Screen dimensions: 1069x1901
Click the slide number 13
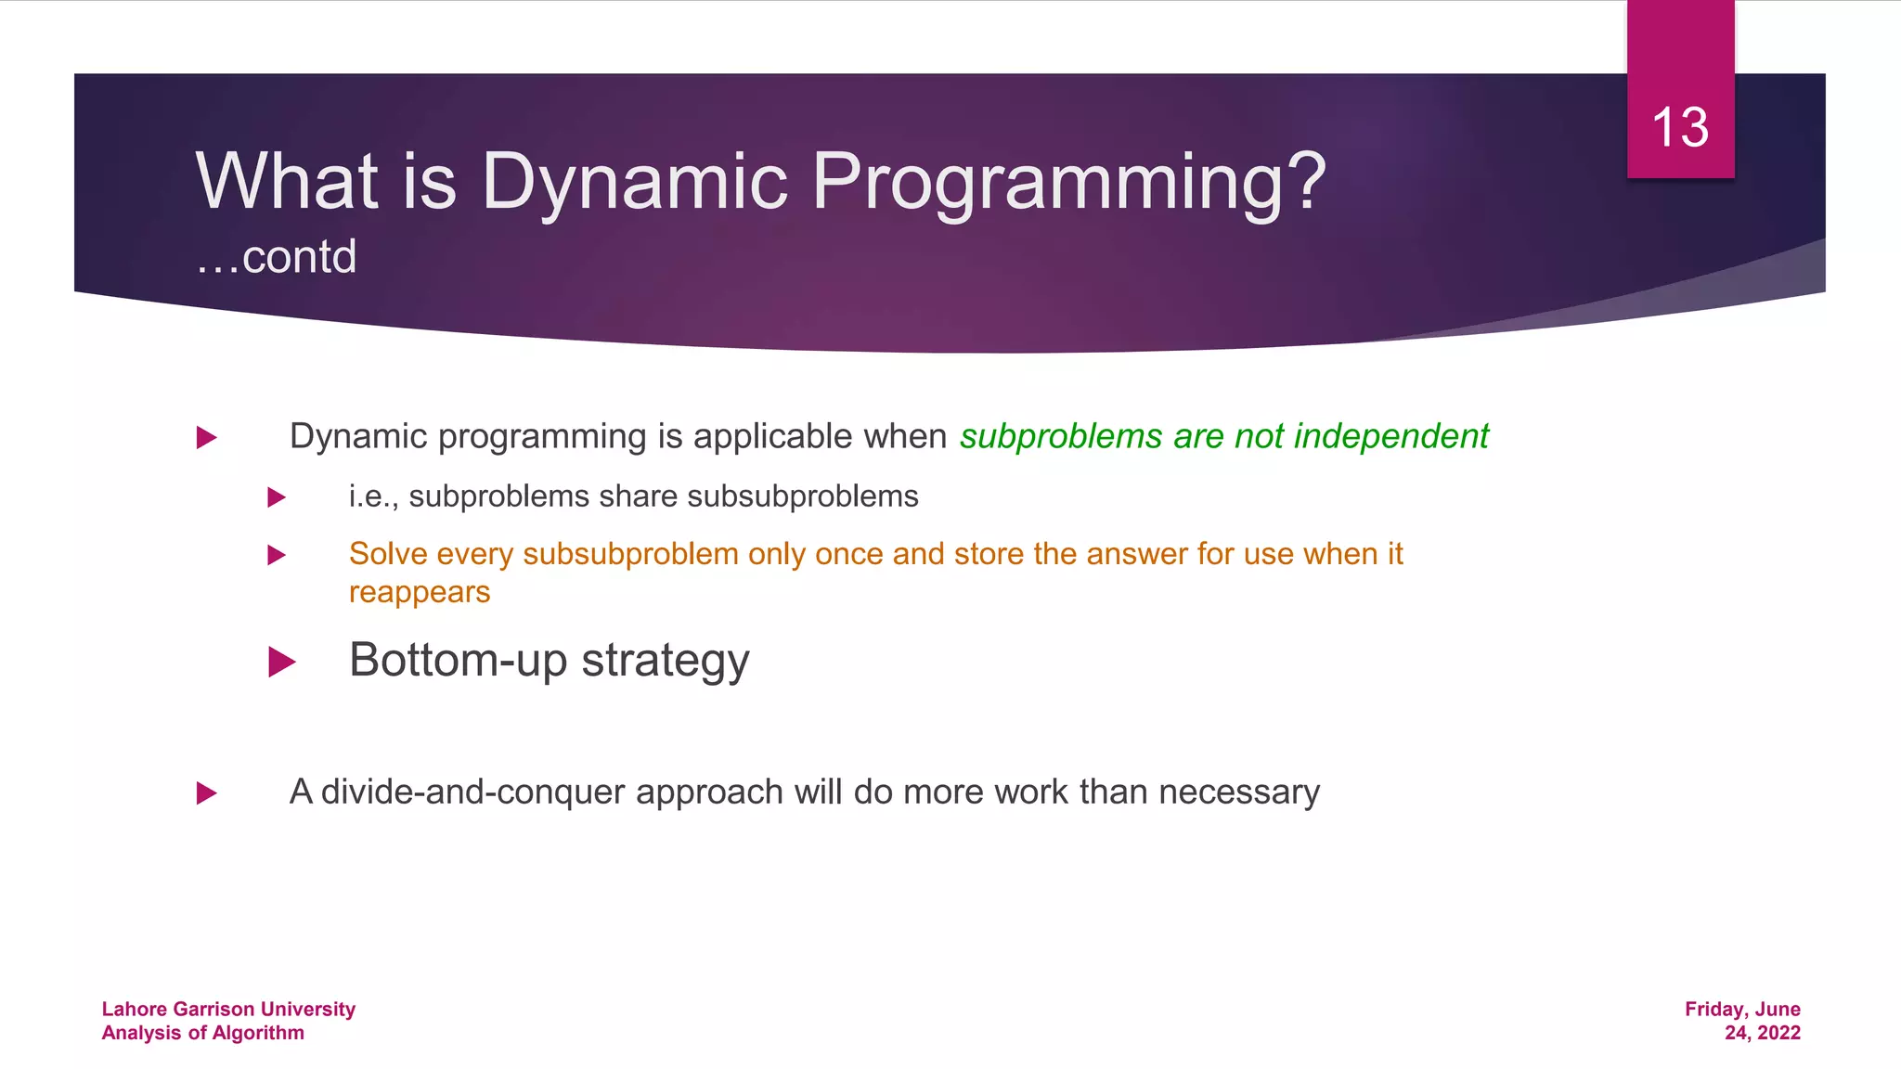pyautogui.click(x=1679, y=127)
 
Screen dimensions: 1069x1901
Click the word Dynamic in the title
pyautogui.click(x=634, y=181)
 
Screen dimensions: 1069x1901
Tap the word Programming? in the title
pyautogui.click(x=1068, y=181)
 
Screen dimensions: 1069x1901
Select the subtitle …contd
pyautogui.click(x=276, y=257)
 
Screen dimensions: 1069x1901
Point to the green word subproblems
pyautogui.click(x=1060, y=436)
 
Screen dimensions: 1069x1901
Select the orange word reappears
pyautogui.click(x=420, y=592)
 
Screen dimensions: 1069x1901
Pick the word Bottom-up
pyautogui.click(x=458, y=660)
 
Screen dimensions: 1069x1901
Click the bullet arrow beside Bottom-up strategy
pyautogui.click(x=281, y=663)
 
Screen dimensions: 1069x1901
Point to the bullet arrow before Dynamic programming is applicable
pyautogui.click(x=207, y=437)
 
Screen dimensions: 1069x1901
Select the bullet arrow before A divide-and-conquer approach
pyautogui.click(x=207, y=793)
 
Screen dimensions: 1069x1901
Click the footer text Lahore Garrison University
pyautogui.click(x=228, y=1009)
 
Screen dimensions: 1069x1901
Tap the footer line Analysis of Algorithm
pyautogui.click(x=202, y=1033)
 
